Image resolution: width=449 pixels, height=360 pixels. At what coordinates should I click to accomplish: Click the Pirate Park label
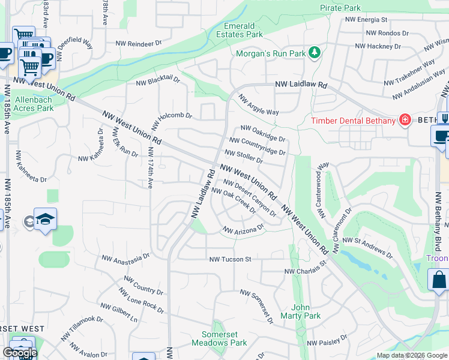click(x=340, y=8)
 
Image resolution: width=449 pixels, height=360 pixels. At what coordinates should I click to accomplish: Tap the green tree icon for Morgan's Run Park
click(x=314, y=53)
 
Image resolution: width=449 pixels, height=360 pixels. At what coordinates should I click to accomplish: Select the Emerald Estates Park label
click(x=243, y=30)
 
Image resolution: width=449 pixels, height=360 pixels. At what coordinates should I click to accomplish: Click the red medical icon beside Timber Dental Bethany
click(x=405, y=120)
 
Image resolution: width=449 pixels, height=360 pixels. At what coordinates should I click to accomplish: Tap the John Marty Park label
click(x=305, y=311)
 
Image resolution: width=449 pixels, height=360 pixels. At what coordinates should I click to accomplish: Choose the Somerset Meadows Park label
click(x=219, y=338)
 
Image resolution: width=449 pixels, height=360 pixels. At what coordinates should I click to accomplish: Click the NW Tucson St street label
click(x=229, y=259)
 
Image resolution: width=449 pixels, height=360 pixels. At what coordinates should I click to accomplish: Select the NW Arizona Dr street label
click(x=243, y=229)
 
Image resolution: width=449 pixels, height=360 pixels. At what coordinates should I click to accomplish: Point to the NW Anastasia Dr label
click(x=125, y=257)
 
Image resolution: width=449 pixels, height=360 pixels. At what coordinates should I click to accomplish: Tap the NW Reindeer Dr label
click(x=141, y=43)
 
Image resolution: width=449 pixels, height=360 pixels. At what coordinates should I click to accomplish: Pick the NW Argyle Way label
click(x=259, y=104)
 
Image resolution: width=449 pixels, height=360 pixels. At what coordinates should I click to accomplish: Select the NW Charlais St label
click(x=305, y=268)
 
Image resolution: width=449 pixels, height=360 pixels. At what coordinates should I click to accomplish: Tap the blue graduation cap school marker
click(x=45, y=220)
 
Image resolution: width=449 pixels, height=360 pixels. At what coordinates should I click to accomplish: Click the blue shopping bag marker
click(x=438, y=279)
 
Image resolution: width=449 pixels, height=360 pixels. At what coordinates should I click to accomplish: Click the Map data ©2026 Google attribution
click(x=412, y=355)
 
